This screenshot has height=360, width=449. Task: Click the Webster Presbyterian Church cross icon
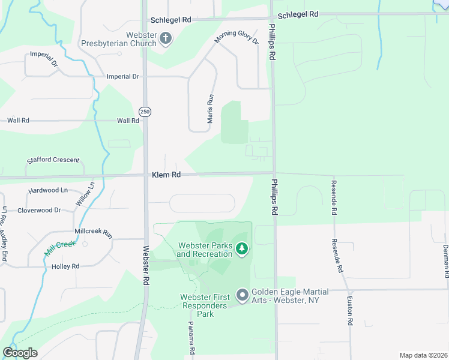[166, 40]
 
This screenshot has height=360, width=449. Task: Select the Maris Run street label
[210, 109]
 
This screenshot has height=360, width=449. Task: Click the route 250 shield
[145, 112]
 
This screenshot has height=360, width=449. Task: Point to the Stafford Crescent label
[53, 160]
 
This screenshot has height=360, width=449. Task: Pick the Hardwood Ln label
[48, 190]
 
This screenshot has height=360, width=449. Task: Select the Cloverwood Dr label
[39, 210]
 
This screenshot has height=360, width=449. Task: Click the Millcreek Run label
[93, 231]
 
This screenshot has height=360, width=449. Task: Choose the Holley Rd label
[65, 266]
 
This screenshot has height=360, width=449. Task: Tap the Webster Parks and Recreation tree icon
[241, 248]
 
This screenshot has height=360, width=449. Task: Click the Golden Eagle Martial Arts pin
[243, 295]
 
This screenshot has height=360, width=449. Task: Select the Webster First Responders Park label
[206, 305]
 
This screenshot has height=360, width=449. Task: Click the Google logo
[20, 352]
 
